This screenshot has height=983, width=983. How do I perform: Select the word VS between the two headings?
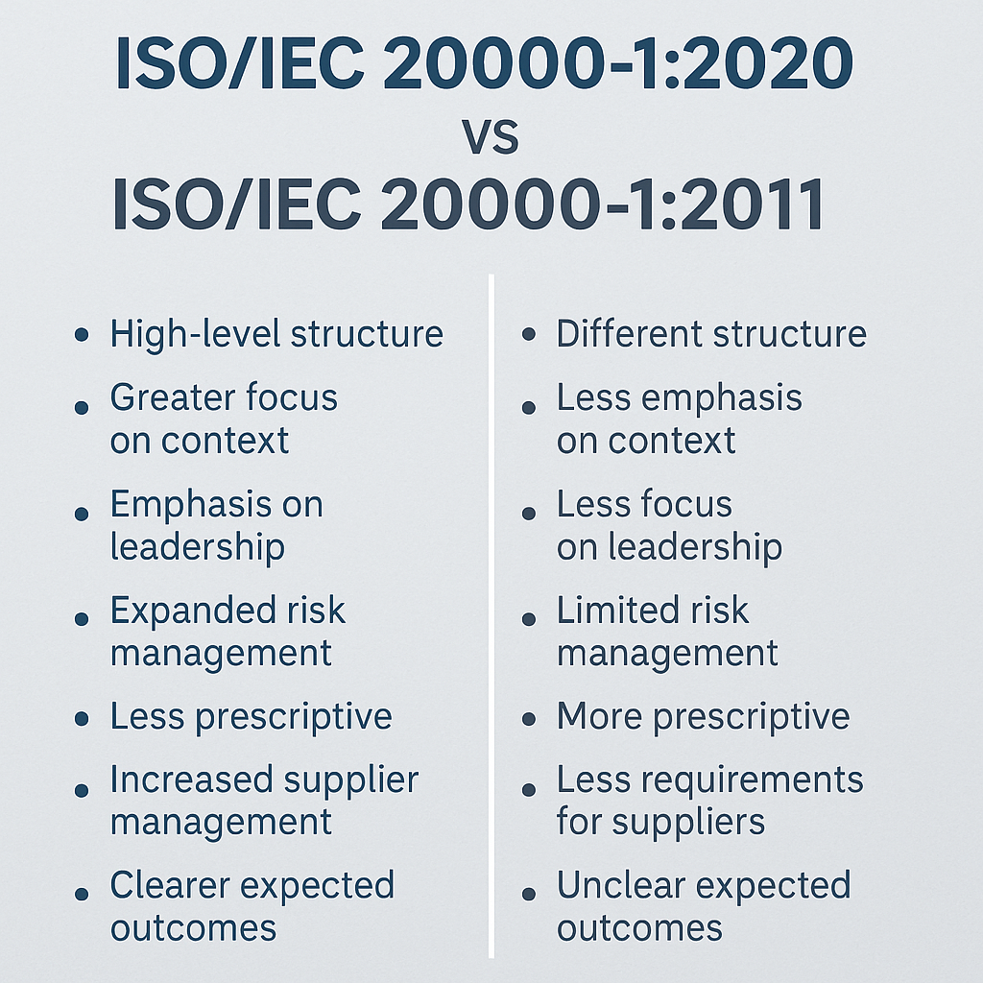coord(491,136)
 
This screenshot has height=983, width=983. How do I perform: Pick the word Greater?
coord(171,397)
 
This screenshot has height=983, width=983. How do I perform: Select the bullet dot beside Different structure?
coord(529,337)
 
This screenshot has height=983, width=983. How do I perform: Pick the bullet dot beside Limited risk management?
coord(529,619)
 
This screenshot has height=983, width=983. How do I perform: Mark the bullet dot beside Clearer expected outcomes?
coord(83,893)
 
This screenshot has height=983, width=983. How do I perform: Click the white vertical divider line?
coord(491,614)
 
